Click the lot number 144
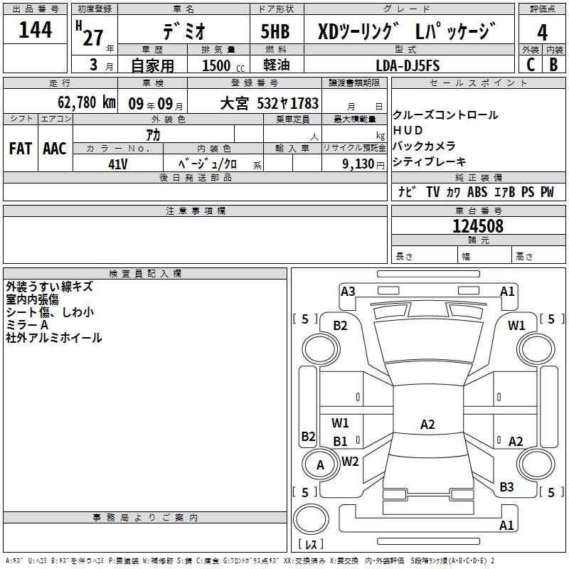coord(35,29)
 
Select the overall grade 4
coord(542,33)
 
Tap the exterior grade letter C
coord(531,65)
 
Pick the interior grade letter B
coord(553,65)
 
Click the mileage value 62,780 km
coord(87,102)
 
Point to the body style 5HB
coord(275,31)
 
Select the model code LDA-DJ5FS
coord(408,65)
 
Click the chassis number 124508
coord(478,226)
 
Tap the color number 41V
coord(118,164)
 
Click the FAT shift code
coord(21,149)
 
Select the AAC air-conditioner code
coord(55,149)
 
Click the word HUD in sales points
coord(408,130)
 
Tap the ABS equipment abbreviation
coord(477,191)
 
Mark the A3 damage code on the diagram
coord(348,292)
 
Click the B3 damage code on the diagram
coord(506,487)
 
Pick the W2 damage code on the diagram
coord(350,462)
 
